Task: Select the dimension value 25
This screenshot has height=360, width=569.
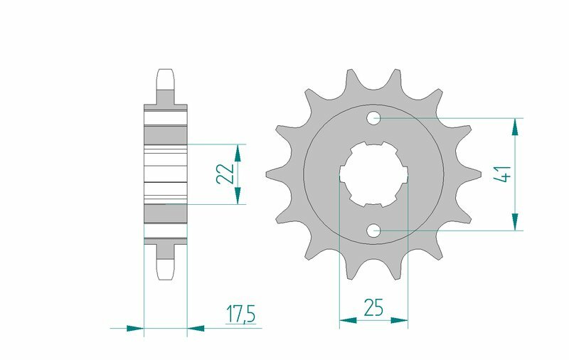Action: [373, 307]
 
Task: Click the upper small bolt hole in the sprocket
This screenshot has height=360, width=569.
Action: [374, 117]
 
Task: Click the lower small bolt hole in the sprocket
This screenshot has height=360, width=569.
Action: [374, 230]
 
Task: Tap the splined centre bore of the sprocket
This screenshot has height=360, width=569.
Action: [374, 174]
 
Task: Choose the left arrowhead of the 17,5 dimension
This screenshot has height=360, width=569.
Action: [134, 329]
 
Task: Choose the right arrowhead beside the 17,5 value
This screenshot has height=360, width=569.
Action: [196, 329]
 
